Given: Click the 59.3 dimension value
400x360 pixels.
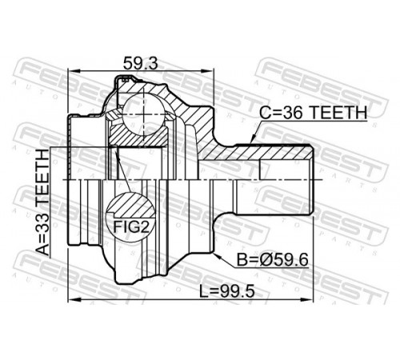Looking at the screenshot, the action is (x=141, y=64).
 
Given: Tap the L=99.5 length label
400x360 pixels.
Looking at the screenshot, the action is (x=227, y=290).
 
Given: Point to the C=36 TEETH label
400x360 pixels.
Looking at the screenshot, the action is (x=313, y=113).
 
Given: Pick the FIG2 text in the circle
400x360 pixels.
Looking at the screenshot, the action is (x=130, y=227).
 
